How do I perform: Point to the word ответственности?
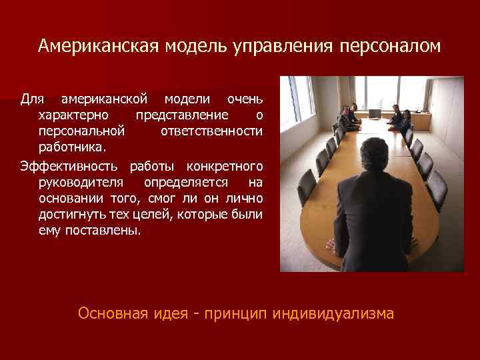211,131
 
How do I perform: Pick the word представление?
177,115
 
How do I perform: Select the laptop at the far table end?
375,113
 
